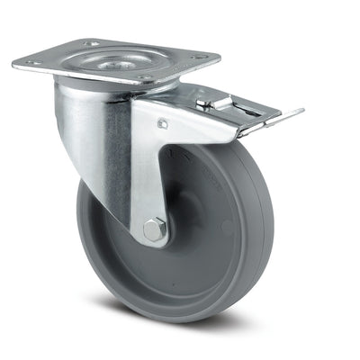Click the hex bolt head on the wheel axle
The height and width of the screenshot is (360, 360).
(x=156, y=231)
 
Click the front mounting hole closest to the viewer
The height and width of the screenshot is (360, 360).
(x=136, y=81)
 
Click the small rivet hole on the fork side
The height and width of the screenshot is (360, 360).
(x=162, y=124)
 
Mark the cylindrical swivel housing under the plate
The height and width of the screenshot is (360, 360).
(x=85, y=117)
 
